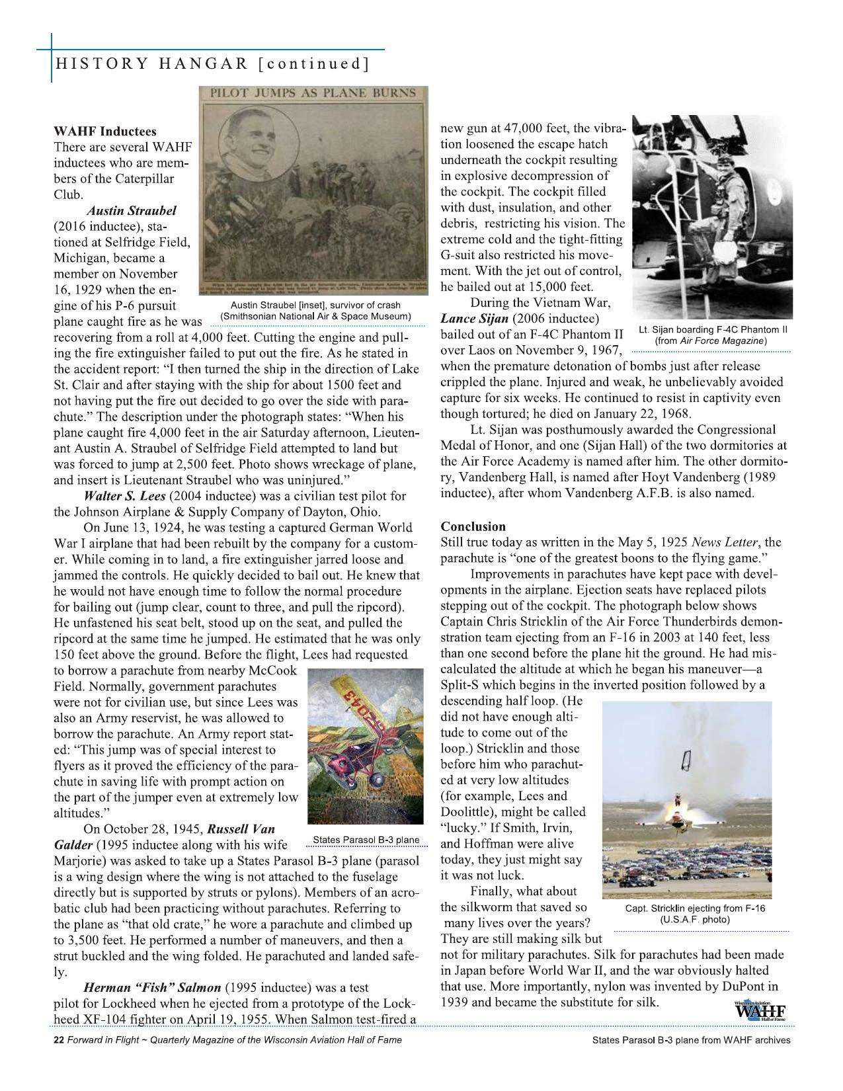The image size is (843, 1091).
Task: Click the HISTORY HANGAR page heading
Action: [x=212, y=64]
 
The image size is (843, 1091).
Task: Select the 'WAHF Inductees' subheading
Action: [x=105, y=131]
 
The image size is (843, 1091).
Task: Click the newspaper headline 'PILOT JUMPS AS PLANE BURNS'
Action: [x=313, y=93]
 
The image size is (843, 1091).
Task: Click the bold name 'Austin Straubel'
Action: [x=132, y=211]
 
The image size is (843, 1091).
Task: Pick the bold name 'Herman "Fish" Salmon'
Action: [x=151, y=988]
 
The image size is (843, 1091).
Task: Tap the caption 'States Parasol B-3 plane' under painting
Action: [x=366, y=840]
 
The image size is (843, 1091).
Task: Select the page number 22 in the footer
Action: [x=58, y=1040]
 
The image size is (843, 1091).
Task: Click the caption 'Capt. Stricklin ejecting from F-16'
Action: [x=694, y=908]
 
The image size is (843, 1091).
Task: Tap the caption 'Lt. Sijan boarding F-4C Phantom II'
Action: [x=712, y=329]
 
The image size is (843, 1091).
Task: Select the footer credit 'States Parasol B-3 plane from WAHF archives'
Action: [x=692, y=1040]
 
